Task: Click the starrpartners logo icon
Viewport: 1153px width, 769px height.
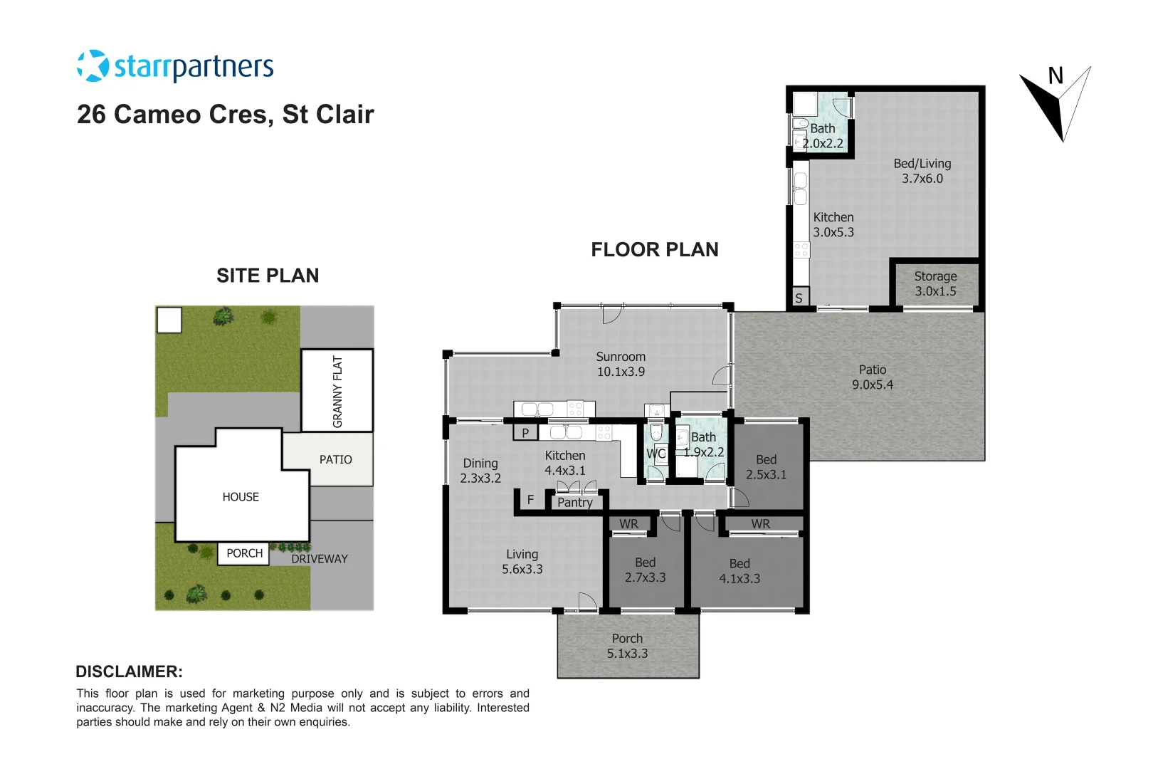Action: coord(93,66)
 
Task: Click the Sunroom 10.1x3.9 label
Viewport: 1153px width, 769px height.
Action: coord(621,364)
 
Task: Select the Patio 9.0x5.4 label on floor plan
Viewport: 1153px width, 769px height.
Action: coord(872,377)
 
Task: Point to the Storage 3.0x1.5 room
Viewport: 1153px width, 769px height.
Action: coord(935,283)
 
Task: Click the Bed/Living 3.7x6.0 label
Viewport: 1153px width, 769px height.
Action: coord(922,171)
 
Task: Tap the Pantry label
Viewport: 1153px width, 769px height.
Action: coord(575,502)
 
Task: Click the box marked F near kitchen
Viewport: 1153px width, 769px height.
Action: coord(530,500)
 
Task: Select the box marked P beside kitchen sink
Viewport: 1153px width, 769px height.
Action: coord(525,432)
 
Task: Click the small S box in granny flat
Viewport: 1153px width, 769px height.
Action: coord(799,298)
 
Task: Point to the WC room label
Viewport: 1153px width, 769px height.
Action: coord(656,454)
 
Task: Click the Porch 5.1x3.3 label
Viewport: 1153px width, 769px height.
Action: coord(627,646)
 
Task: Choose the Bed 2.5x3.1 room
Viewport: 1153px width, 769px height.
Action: coord(766,467)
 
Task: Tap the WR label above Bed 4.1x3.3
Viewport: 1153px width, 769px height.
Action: coord(760,524)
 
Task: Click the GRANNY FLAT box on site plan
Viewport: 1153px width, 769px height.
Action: coord(337,391)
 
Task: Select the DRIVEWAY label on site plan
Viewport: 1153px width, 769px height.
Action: coord(320,559)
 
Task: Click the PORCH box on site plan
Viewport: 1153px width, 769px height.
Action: coord(244,553)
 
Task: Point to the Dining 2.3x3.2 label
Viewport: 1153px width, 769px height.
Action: coord(480,471)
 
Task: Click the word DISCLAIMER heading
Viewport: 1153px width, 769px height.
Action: coord(129,671)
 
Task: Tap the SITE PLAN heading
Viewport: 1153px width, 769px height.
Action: coord(268,276)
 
